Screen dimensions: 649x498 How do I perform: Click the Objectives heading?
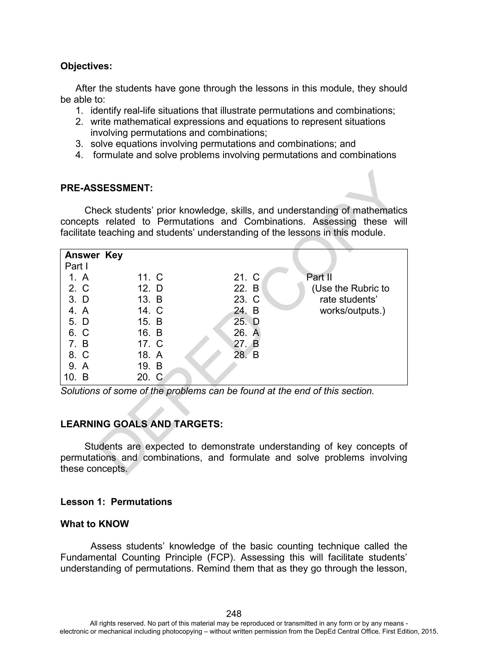(x=86, y=66)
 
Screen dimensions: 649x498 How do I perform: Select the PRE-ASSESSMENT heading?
(x=107, y=188)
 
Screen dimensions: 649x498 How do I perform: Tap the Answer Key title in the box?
(x=94, y=255)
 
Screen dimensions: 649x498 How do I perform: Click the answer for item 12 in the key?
(x=150, y=288)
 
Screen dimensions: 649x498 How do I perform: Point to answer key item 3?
(x=79, y=300)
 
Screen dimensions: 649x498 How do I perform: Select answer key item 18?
(x=150, y=355)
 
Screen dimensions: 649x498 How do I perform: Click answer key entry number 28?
(x=246, y=355)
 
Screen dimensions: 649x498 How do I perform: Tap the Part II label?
(x=319, y=277)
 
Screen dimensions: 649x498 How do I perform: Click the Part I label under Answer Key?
(x=76, y=266)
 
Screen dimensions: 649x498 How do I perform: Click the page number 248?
(x=234, y=613)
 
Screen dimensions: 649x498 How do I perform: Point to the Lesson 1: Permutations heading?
(x=116, y=502)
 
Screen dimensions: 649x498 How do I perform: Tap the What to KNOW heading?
(x=95, y=524)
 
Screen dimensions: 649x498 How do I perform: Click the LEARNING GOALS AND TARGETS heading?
(x=141, y=424)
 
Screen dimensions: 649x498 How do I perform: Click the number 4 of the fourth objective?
(x=79, y=155)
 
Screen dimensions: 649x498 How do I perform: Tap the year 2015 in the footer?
(x=430, y=631)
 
